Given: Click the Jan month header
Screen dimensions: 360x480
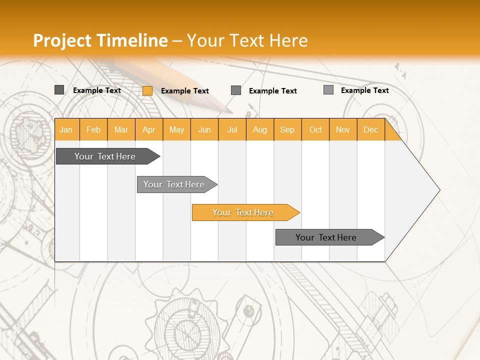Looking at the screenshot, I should [66, 129].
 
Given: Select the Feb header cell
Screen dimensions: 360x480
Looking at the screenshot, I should [93, 129].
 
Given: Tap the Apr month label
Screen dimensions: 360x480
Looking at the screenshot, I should [149, 129].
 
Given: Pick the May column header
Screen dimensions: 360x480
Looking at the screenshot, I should [176, 129].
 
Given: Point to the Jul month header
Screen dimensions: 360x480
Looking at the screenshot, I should [232, 129].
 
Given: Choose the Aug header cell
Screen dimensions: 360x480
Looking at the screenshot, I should [260, 129].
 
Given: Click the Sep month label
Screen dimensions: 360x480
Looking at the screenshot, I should [287, 129].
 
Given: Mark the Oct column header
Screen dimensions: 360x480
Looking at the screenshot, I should [315, 129].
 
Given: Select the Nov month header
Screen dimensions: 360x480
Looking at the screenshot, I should [343, 129].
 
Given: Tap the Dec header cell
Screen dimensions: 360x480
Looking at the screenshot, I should [371, 129].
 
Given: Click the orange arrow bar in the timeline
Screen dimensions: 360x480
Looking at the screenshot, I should [243, 212].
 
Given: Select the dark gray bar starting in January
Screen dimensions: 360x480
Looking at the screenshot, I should [105, 156].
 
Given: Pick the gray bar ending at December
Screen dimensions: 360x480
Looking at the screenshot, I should [326, 237].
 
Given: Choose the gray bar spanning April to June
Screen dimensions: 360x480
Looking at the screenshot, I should [174, 184].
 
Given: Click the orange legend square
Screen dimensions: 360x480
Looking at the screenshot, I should [147, 90].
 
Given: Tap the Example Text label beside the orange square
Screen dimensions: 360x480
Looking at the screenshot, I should [185, 91].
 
